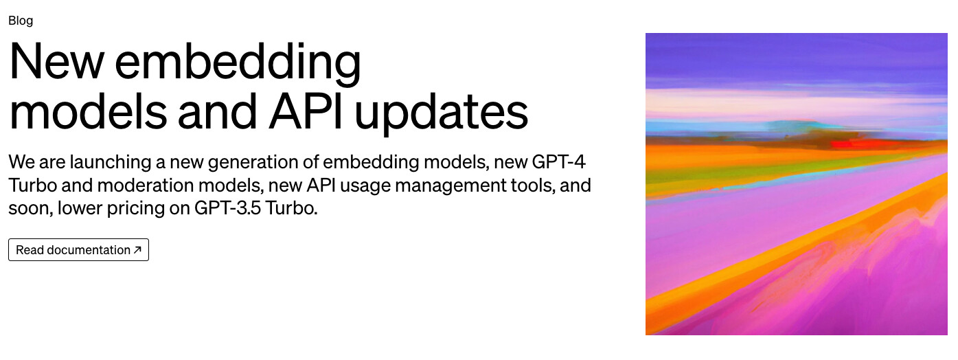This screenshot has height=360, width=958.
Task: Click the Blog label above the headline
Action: pos(21,21)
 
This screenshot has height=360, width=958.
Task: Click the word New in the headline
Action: pos(57,60)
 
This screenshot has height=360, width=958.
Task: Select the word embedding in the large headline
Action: pos(238,64)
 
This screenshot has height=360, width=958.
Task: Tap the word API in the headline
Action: pos(306,112)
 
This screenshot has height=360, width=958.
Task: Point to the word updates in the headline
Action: pos(442,114)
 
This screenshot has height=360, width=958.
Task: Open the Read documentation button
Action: pos(79,250)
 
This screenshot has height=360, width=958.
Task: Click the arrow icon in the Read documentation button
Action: pos(137,249)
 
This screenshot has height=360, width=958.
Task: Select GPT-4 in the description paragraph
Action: pos(558,162)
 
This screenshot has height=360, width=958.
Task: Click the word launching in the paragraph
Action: pos(111,163)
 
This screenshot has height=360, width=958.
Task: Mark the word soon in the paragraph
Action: pos(29,209)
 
